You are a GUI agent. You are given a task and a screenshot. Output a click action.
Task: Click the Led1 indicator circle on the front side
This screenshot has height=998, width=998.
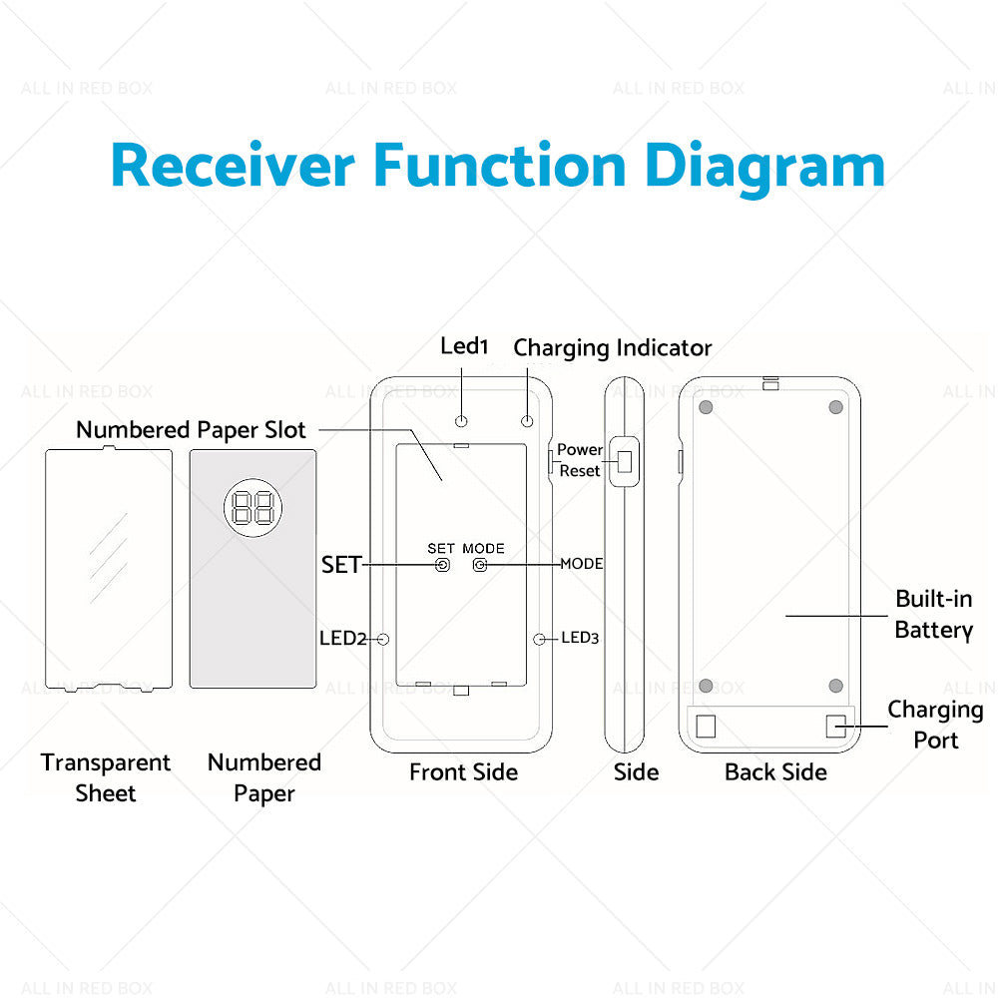(462, 421)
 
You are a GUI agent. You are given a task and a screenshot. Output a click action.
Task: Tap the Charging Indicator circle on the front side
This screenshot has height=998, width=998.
(528, 421)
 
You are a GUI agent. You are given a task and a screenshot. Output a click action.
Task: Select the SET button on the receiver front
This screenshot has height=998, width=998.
(443, 565)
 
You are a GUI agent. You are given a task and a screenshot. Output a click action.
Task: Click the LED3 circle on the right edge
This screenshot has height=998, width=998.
(541, 639)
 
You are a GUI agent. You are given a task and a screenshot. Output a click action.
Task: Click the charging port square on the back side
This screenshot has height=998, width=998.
(836, 726)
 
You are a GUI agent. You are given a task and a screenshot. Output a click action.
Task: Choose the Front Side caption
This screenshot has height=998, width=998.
(463, 771)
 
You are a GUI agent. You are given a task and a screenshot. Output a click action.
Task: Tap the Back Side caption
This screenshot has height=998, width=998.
(775, 771)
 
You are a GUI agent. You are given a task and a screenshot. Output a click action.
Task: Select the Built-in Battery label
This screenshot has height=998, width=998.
(933, 614)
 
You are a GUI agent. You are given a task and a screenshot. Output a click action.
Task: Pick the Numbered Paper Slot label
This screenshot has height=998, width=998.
(191, 430)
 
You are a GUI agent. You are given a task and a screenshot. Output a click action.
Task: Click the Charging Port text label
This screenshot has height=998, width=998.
(935, 725)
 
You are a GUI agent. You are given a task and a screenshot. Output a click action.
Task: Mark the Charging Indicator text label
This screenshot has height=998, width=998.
(612, 348)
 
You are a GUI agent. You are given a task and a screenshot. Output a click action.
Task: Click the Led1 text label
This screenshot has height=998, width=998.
(464, 346)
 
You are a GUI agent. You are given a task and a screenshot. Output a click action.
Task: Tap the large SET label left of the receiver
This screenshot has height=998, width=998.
(340, 565)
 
